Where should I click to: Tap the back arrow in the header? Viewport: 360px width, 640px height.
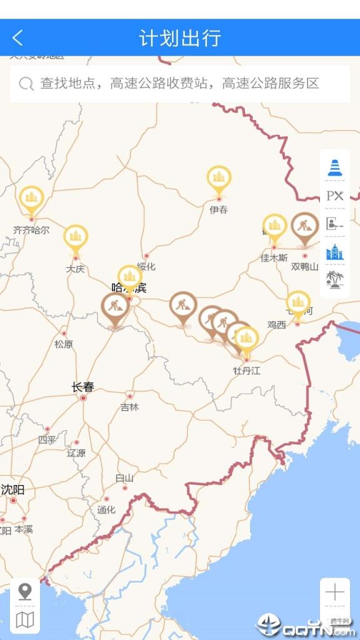[17, 37]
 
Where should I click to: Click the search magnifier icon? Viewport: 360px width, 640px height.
[26, 84]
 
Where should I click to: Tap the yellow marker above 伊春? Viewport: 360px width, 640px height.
[219, 178]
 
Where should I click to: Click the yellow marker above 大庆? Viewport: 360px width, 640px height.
[76, 237]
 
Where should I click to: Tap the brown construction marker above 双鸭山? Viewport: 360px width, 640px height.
[305, 226]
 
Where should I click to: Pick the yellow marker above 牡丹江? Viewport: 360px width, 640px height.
[247, 339]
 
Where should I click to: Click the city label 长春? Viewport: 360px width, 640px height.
[82, 387]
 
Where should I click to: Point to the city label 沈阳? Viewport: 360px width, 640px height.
[12, 489]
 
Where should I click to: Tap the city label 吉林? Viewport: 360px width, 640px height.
[130, 407]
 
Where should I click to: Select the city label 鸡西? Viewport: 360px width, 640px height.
[276, 324]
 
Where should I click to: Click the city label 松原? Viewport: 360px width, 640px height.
[64, 344]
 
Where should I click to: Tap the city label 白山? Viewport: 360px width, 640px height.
[124, 478]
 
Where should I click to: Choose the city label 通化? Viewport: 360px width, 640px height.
[106, 509]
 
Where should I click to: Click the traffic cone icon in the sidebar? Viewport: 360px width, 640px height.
[335, 167]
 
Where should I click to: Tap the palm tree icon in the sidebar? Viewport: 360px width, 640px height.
[335, 279]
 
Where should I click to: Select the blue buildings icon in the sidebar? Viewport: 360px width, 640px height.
[335, 252]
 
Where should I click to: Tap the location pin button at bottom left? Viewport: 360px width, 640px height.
[25, 591]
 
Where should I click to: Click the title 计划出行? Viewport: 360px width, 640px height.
[180, 37]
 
